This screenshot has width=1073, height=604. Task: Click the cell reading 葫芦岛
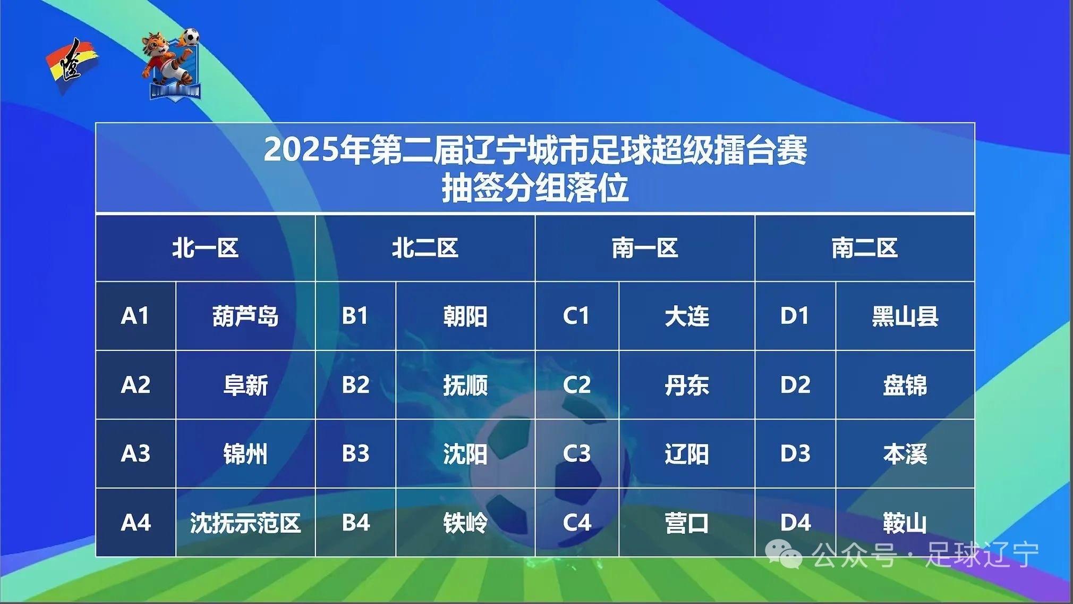click(x=245, y=316)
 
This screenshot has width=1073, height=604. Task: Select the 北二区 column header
click(x=425, y=248)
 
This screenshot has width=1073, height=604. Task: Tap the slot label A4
click(x=136, y=523)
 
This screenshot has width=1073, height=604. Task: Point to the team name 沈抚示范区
click(x=245, y=523)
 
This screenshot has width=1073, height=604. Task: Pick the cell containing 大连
click(x=687, y=316)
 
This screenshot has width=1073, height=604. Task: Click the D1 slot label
click(x=795, y=316)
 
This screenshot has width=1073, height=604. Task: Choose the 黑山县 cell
click(x=905, y=316)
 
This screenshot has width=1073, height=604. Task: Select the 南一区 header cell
click(x=645, y=248)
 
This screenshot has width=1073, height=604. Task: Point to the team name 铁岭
click(x=465, y=523)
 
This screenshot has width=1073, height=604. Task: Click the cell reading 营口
click(x=687, y=523)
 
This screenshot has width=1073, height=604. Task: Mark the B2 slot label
click(x=355, y=384)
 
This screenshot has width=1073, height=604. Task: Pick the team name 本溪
click(x=905, y=454)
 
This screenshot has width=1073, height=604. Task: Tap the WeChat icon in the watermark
click(x=784, y=555)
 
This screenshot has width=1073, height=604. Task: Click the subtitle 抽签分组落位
click(x=535, y=188)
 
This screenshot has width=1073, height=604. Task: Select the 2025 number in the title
click(x=301, y=150)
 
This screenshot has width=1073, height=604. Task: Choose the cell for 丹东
click(x=687, y=385)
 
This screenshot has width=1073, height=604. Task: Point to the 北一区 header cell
click(x=205, y=248)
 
